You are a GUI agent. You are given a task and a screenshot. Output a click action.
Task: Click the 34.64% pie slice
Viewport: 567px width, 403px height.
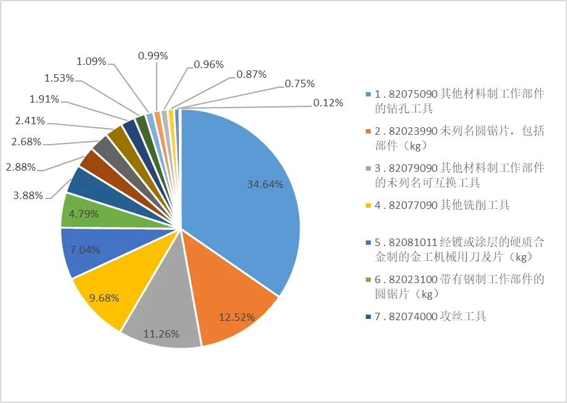[x=248, y=185]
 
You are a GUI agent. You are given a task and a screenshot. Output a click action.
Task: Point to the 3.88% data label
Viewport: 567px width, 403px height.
[x=28, y=195]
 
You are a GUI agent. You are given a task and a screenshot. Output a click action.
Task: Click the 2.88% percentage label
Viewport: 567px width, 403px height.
[x=20, y=167]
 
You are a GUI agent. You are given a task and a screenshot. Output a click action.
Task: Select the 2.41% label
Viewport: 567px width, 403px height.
[x=30, y=121]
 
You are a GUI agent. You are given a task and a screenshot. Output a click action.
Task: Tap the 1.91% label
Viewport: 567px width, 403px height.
[x=44, y=99]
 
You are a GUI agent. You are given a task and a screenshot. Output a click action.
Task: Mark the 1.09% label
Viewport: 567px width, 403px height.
[x=92, y=61]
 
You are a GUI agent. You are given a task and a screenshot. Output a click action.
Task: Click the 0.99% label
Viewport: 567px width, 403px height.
[x=154, y=56]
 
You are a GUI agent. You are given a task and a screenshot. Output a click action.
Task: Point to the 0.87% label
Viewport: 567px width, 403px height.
[x=251, y=74]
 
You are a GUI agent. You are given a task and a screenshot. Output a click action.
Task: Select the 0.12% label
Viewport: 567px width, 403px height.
[x=328, y=103]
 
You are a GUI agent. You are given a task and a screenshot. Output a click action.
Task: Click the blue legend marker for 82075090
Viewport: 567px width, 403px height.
[x=369, y=95]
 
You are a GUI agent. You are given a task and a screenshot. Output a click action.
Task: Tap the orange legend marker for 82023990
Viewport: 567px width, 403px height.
[x=369, y=132]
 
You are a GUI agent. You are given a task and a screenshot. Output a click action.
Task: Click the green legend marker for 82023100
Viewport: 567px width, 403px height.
[x=369, y=279]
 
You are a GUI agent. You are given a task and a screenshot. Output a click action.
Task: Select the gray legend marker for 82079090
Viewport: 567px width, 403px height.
[x=369, y=168]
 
